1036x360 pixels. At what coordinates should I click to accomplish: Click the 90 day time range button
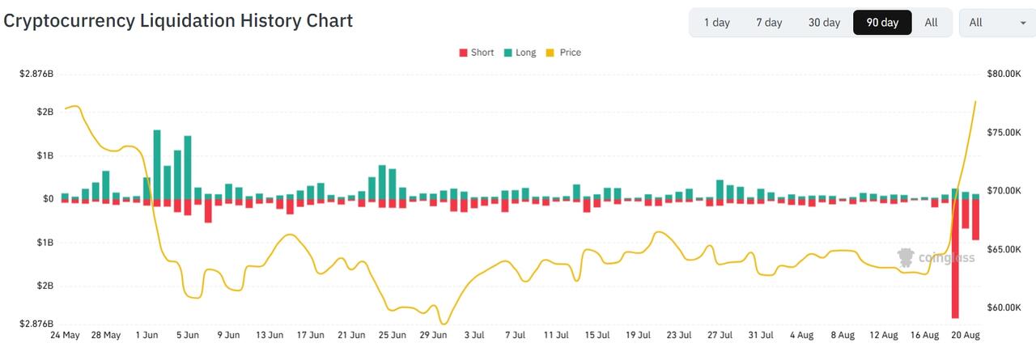pyautogui.click(x=882, y=22)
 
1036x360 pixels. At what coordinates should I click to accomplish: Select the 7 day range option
pyautogui.click(x=769, y=22)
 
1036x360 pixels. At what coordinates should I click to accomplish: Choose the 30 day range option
pyautogui.click(x=824, y=22)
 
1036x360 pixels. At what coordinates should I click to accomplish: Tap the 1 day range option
pyautogui.click(x=717, y=22)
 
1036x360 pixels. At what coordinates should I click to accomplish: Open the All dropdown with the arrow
pyautogui.click(x=997, y=22)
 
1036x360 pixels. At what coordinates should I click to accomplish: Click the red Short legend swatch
pyautogui.click(x=463, y=53)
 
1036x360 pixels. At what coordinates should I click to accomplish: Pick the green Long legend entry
pyautogui.click(x=520, y=53)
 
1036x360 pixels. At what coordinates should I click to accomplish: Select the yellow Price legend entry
pyautogui.click(x=564, y=53)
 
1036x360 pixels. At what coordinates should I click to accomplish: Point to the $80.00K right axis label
pyautogui.click(x=1004, y=74)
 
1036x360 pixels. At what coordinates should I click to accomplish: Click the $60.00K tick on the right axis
pyautogui.click(x=1004, y=307)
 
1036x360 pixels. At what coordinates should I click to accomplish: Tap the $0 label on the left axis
pyautogui.click(x=48, y=199)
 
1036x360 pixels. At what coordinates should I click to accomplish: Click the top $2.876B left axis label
pyautogui.click(x=36, y=74)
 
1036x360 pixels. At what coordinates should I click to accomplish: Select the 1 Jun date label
pyautogui.click(x=146, y=335)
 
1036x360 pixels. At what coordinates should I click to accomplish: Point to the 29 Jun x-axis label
pyautogui.click(x=433, y=335)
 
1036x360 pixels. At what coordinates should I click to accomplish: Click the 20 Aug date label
pyautogui.click(x=966, y=335)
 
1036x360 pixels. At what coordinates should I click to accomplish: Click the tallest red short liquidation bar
pyautogui.click(x=955, y=259)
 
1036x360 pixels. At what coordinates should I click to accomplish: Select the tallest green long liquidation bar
pyautogui.click(x=157, y=164)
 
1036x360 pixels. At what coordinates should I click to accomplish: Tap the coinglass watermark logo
pyautogui.click(x=936, y=257)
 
